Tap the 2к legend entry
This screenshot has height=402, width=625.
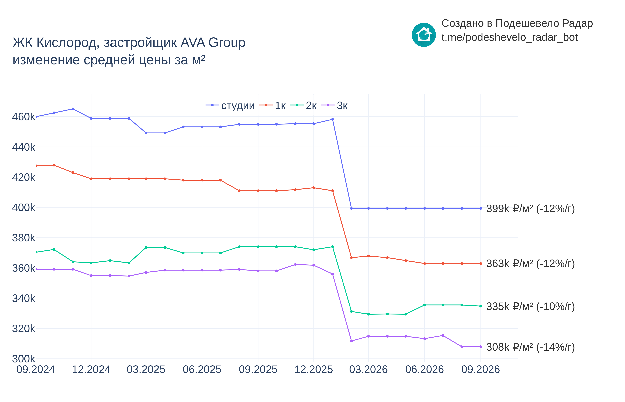click(x=303, y=105)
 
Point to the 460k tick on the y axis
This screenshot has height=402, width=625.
click(x=24, y=117)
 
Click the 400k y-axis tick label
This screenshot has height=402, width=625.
click(x=24, y=208)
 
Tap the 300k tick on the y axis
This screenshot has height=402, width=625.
click(x=24, y=359)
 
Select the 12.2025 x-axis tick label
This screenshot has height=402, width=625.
click(x=314, y=369)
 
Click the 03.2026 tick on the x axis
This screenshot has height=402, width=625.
click(x=368, y=369)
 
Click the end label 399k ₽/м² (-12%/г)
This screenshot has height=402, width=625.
click(x=530, y=209)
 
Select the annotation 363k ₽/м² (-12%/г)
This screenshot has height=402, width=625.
click(x=530, y=264)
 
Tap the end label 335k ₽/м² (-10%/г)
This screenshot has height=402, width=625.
click(x=530, y=306)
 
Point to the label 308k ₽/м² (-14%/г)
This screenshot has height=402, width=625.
click(x=530, y=347)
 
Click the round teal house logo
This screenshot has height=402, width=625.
click(x=424, y=35)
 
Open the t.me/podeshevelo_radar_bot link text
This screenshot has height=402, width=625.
click(x=509, y=37)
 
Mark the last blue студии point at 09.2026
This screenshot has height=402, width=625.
click(x=481, y=208)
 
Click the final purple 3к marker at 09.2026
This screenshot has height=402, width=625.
click(x=481, y=347)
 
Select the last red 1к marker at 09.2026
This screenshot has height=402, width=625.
click(x=481, y=263)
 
